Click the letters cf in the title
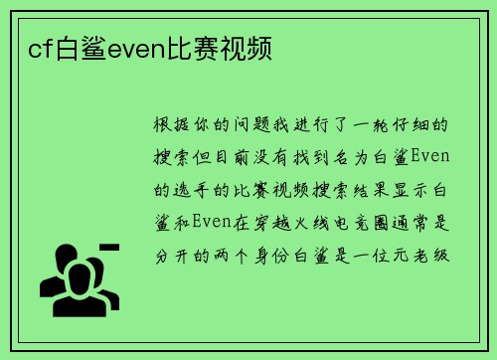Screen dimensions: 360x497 click(39, 48)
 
